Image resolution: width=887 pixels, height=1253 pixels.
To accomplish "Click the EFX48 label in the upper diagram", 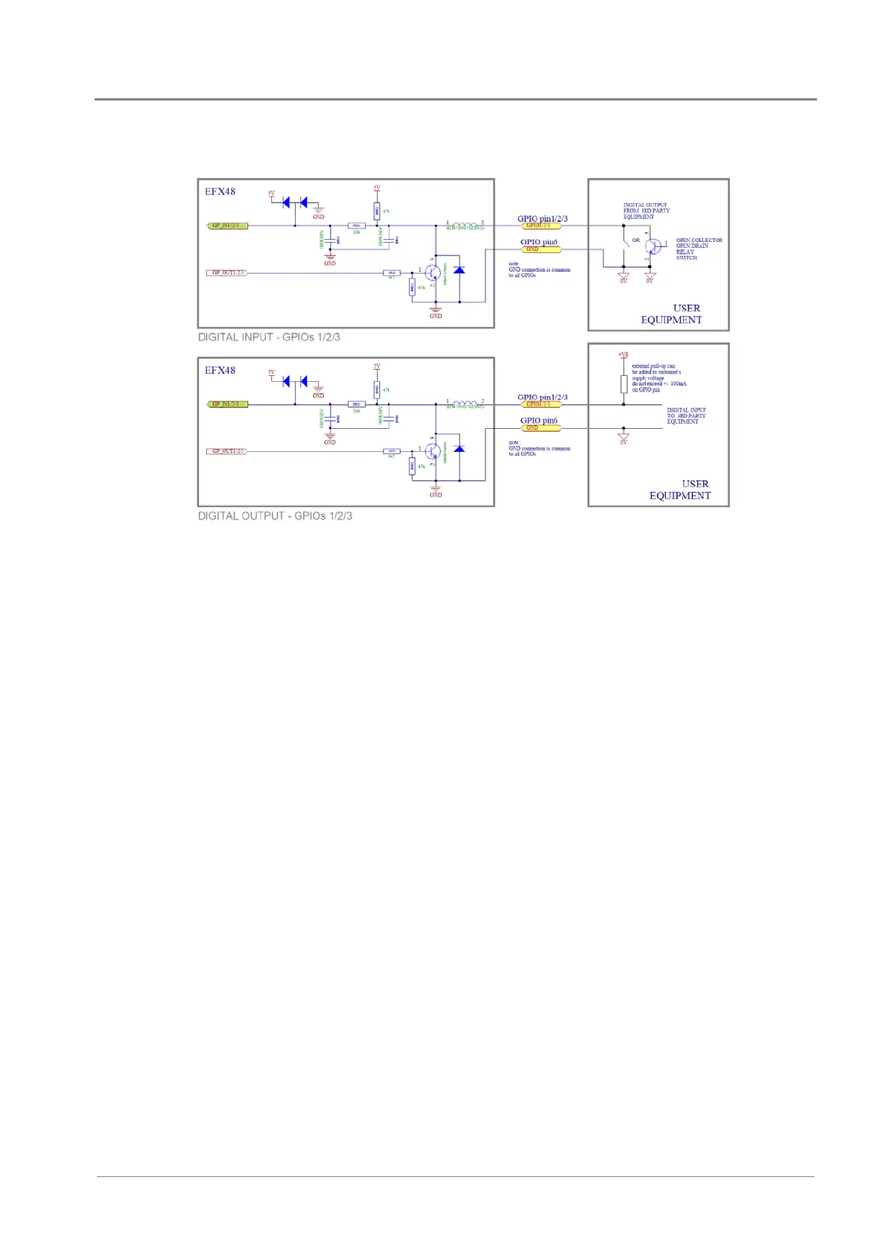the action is coord(220,191).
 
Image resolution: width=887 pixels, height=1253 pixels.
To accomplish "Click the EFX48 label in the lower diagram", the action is coord(220,370).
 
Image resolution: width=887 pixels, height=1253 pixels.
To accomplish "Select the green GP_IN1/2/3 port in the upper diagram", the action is coord(226,226).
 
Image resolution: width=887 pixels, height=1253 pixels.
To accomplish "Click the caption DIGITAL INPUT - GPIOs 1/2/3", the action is coord(269,337).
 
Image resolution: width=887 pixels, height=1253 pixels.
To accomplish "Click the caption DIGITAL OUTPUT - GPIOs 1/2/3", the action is coord(275,516).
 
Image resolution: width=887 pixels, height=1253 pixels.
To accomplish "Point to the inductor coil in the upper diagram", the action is coord(465,224).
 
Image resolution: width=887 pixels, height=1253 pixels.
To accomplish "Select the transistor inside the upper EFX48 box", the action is coord(433,273).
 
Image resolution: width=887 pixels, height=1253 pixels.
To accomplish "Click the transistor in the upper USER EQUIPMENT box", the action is coord(654,246).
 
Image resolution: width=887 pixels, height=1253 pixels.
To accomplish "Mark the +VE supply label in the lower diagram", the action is coord(623,355).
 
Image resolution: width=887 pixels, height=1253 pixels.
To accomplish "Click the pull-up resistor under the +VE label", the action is coord(624,384).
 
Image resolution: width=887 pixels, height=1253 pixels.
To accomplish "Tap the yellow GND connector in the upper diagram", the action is coord(539,249).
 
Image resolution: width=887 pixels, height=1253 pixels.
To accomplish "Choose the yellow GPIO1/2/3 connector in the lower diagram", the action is coord(539,404).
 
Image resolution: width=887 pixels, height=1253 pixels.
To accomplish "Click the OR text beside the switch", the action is coord(635,240).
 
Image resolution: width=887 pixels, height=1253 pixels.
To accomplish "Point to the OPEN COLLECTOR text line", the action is coord(699,240).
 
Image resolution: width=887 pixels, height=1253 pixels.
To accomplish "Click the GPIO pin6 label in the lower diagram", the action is coord(538,421).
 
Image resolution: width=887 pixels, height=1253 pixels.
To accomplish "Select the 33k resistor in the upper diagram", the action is coord(357,226).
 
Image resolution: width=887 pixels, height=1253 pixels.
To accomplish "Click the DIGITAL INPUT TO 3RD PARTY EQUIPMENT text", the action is coord(685,415).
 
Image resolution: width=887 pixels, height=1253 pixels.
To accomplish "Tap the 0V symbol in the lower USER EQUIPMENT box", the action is coord(623,439).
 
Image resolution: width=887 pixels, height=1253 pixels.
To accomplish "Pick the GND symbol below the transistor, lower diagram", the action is coord(436,491).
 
